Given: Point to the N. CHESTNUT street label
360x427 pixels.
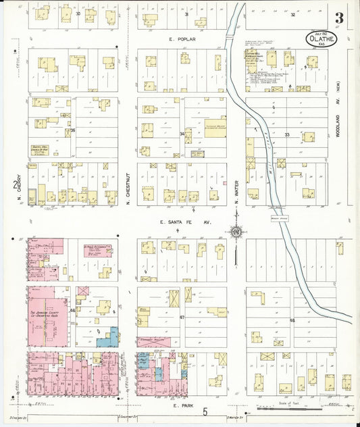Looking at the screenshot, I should click(x=128, y=178).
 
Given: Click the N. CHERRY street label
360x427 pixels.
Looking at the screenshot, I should click(x=30, y=191).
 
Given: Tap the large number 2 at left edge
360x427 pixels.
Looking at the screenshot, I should click(x=14, y=184).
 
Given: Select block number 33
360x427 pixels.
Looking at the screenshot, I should click(x=286, y=135).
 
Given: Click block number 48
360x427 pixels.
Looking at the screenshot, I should click(x=292, y=320).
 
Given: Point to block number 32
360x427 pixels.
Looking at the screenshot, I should click(x=293, y=14).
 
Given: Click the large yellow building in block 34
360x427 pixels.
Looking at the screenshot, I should click(x=215, y=127).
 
